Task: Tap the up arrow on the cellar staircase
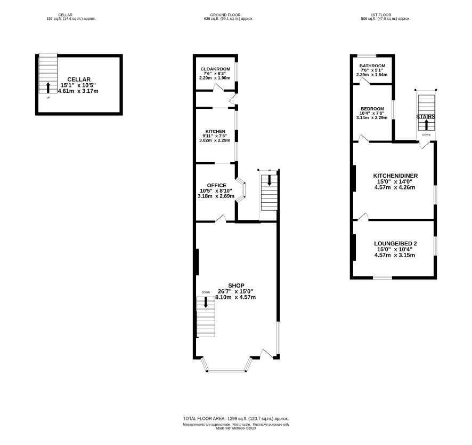(48, 88)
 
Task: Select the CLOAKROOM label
(215, 69)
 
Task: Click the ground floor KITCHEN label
(215, 131)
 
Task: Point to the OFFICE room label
(216, 186)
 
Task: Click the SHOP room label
(237, 285)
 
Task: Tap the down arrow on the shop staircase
(206, 303)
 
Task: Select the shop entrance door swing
(267, 354)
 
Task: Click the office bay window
(242, 190)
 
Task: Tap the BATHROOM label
(372, 66)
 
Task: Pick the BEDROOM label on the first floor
(372, 109)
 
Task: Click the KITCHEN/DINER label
(395, 176)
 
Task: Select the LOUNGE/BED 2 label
(395, 244)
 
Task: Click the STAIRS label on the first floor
(426, 117)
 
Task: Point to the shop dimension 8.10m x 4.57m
(235, 297)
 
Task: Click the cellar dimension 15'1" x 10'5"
(78, 85)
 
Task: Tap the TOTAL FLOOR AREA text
(236, 418)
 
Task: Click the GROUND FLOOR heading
(225, 15)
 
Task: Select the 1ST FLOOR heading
(381, 15)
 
